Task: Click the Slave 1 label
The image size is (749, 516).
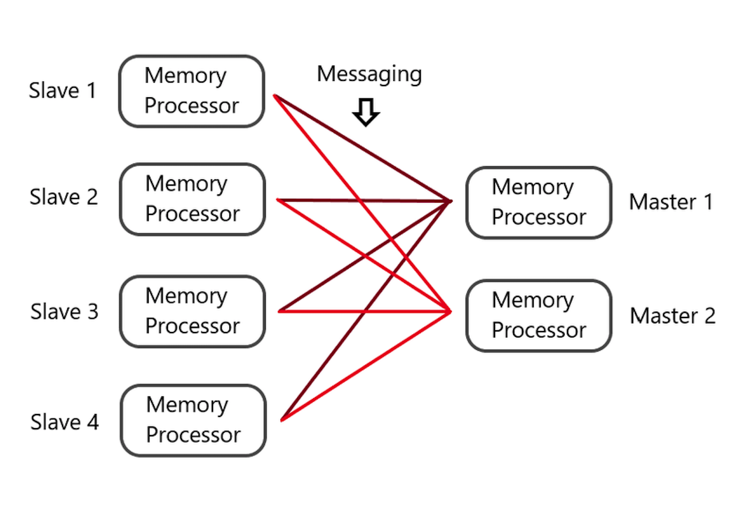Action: click(x=63, y=91)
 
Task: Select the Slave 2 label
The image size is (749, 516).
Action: click(x=64, y=197)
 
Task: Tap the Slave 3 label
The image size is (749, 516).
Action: click(x=64, y=311)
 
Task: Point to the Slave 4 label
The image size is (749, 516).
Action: click(x=64, y=422)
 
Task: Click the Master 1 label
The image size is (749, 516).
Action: click(x=671, y=202)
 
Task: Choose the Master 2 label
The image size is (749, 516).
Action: click(x=672, y=316)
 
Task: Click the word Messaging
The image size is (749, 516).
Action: click(x=369, y=74)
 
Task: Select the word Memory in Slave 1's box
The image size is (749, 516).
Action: click(x=185, y=76)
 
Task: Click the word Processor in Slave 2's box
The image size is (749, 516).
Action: click(x=193, y=214)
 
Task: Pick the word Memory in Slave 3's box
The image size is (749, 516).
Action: click(x=186, y=296)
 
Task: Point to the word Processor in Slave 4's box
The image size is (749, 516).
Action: click(x=193, y=435)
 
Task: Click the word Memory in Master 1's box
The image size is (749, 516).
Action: click(x=532, y=187)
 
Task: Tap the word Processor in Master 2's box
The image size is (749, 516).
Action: click(x=539, y=330)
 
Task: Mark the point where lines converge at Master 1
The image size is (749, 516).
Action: click(x=451, y=201)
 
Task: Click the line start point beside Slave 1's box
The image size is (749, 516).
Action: click(x=274, y=95)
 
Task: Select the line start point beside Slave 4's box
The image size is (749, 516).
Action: click(x=281, y=420)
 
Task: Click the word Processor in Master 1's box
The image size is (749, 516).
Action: click(x=539, y=217)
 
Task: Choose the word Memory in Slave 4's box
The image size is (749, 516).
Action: click(x=187, y=405)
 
